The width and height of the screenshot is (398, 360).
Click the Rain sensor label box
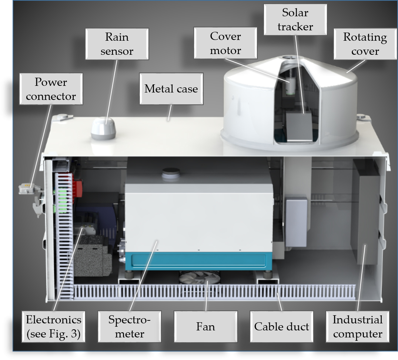pos(117,44)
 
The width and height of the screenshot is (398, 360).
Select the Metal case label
pos(171,89)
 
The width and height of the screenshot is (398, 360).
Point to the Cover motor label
pos(225,43)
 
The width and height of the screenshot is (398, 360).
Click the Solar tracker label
pos(295,20)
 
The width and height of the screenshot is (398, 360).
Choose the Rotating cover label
pos(365,44)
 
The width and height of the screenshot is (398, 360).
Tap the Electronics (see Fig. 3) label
pos(54,327)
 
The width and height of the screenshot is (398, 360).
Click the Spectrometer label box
pos(130,327)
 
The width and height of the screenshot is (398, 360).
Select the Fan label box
pos(205,327)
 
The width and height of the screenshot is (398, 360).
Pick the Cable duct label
pos(281,327)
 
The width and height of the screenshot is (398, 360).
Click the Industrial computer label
pos(357,327)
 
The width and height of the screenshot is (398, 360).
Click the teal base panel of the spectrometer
pos(198,261)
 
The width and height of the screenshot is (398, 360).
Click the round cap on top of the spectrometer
pos(171,172)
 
